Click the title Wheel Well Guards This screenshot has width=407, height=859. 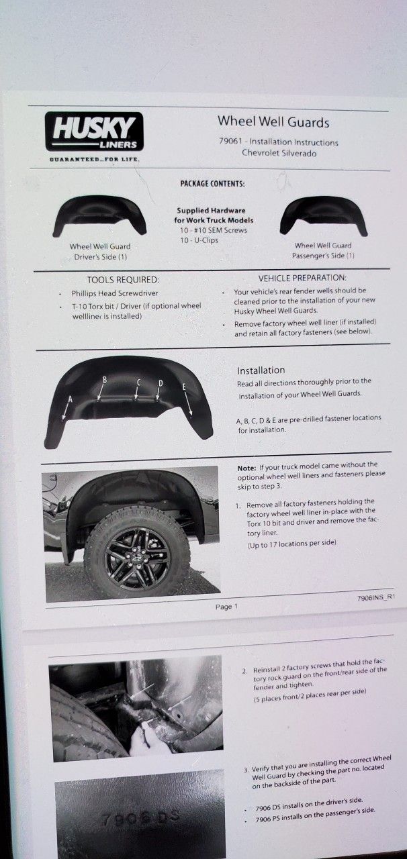pyautogui.click(x=273, y=121)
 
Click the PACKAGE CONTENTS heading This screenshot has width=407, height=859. pyautogui.click(x=212, y=183)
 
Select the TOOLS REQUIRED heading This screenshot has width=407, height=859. pyautogui.click(x=123, y=279)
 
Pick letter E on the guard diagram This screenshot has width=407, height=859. pyautogui.click(x=183, y=387)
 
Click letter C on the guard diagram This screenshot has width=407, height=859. pyautogui.click(x=139, y=383)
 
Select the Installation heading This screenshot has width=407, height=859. pyautogui.click(x=261, y=370)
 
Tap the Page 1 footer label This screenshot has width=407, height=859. pyautogui.click(x=226, y=607)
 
